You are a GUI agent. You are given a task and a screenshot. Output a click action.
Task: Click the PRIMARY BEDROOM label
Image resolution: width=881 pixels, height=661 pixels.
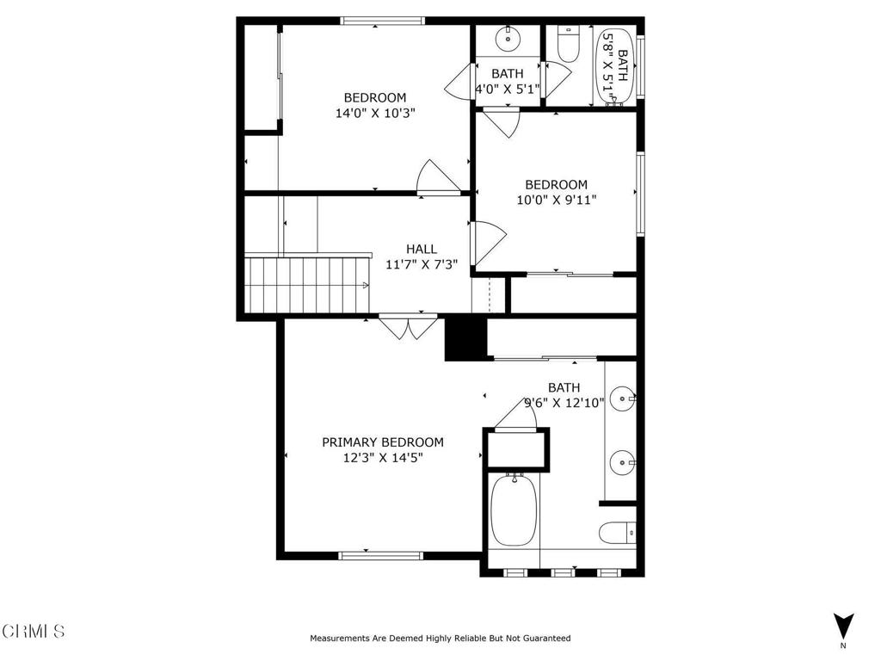click(383, 442)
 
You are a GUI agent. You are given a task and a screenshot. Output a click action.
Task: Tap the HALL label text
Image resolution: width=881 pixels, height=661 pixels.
click(422, 249)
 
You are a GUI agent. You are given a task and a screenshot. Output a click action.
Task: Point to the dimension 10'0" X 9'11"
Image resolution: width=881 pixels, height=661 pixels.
click(556, 200)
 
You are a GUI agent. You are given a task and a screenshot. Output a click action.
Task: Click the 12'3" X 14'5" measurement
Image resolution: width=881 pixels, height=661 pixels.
click(383, 458)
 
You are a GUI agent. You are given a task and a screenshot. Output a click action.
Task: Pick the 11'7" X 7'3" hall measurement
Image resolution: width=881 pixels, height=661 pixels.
click(422, 264)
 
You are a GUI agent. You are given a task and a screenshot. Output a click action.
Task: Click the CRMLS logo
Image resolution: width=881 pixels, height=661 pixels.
click(34, 631)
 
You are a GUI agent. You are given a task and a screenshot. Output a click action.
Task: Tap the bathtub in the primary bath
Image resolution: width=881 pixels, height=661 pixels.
click(514, 510)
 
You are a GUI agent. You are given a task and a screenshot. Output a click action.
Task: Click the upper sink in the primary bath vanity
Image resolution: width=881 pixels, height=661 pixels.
click(621, 398)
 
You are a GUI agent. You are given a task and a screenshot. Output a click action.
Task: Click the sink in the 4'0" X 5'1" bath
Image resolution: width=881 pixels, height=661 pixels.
click(507, 38)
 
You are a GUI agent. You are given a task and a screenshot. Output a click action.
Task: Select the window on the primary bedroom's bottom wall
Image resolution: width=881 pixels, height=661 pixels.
click(381, 556)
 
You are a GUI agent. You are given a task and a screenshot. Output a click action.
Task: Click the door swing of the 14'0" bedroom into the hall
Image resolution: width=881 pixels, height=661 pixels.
click(437, 178)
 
